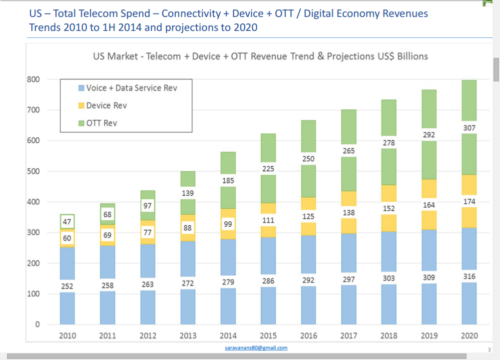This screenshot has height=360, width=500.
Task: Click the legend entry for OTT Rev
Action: tap(101, 123)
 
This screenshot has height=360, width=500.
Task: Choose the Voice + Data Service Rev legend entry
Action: tap(131, 88)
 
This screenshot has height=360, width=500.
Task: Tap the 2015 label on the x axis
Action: tap(268, 336)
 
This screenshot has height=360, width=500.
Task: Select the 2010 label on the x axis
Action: tap(67, 336)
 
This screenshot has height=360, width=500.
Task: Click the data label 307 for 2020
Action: tap(469, 128)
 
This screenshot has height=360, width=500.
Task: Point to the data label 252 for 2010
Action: tap(67, 286)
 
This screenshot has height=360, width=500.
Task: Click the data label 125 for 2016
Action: tap(308, 217)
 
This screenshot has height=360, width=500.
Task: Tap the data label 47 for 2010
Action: tap(67, 221)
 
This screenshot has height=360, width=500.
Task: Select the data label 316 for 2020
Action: tap(469, 276)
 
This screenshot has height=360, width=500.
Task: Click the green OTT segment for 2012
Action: tap(147, 194)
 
